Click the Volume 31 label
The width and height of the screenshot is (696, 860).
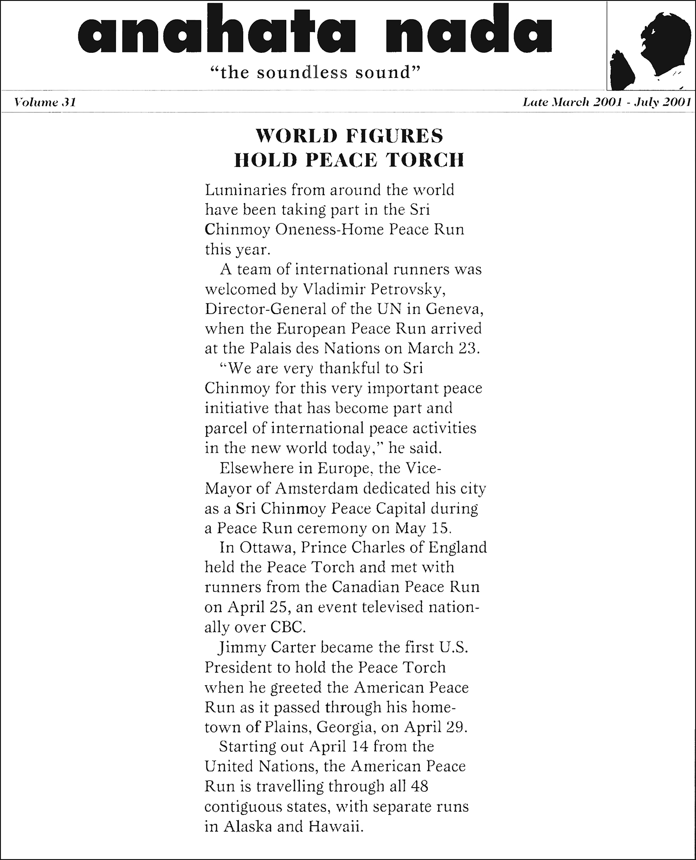click(x=45, y=102)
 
